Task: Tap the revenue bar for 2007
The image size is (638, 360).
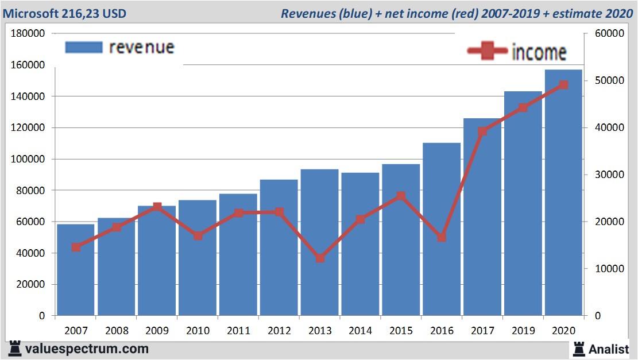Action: coord(75,270)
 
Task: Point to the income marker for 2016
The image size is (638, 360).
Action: coord(442,237)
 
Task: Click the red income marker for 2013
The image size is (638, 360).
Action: coord(320,258)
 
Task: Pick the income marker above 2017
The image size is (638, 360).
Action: coord(482,131)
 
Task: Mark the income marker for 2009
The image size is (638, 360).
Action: coord(157,207)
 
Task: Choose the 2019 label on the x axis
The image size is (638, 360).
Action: coord(523,331)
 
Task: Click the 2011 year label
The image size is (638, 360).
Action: coord(238,331)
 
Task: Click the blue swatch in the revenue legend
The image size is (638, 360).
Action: coord(83,47)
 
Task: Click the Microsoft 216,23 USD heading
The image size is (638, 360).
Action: coord(65,13)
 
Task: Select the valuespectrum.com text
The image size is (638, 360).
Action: coord(87,349)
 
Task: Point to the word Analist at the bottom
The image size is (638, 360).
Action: coord(609,349)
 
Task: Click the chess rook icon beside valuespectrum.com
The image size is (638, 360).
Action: coord(15,348)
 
